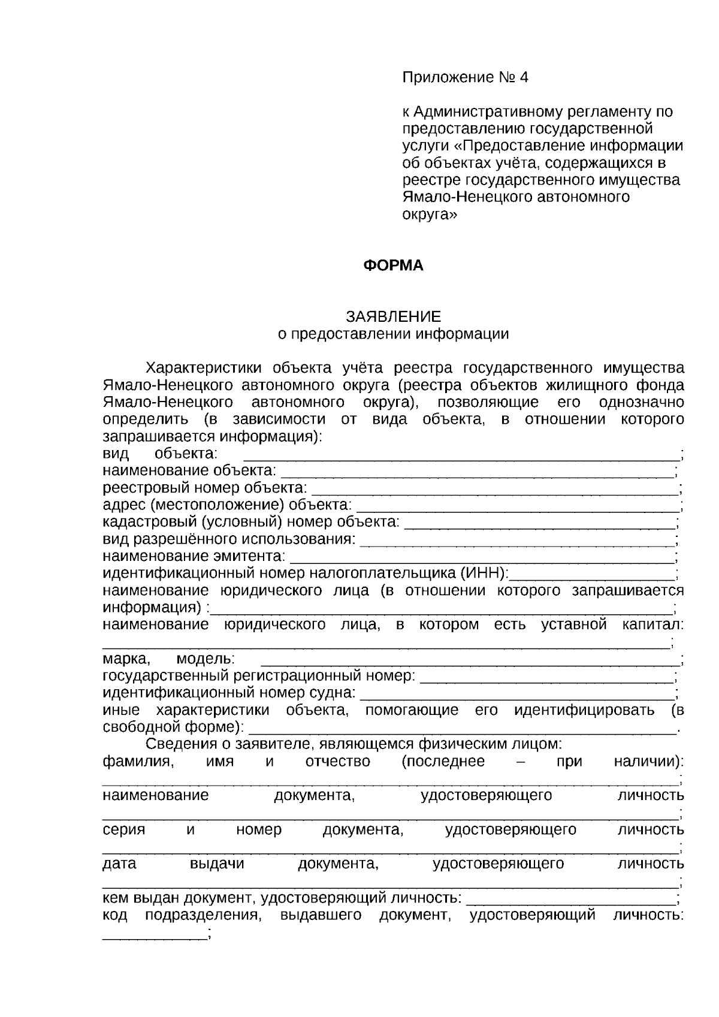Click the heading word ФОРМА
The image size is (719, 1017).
click(x=393, y=265)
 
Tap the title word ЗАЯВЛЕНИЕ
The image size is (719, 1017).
click(x=393, y=316)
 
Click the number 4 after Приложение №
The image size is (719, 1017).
click(x=524, y=77)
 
